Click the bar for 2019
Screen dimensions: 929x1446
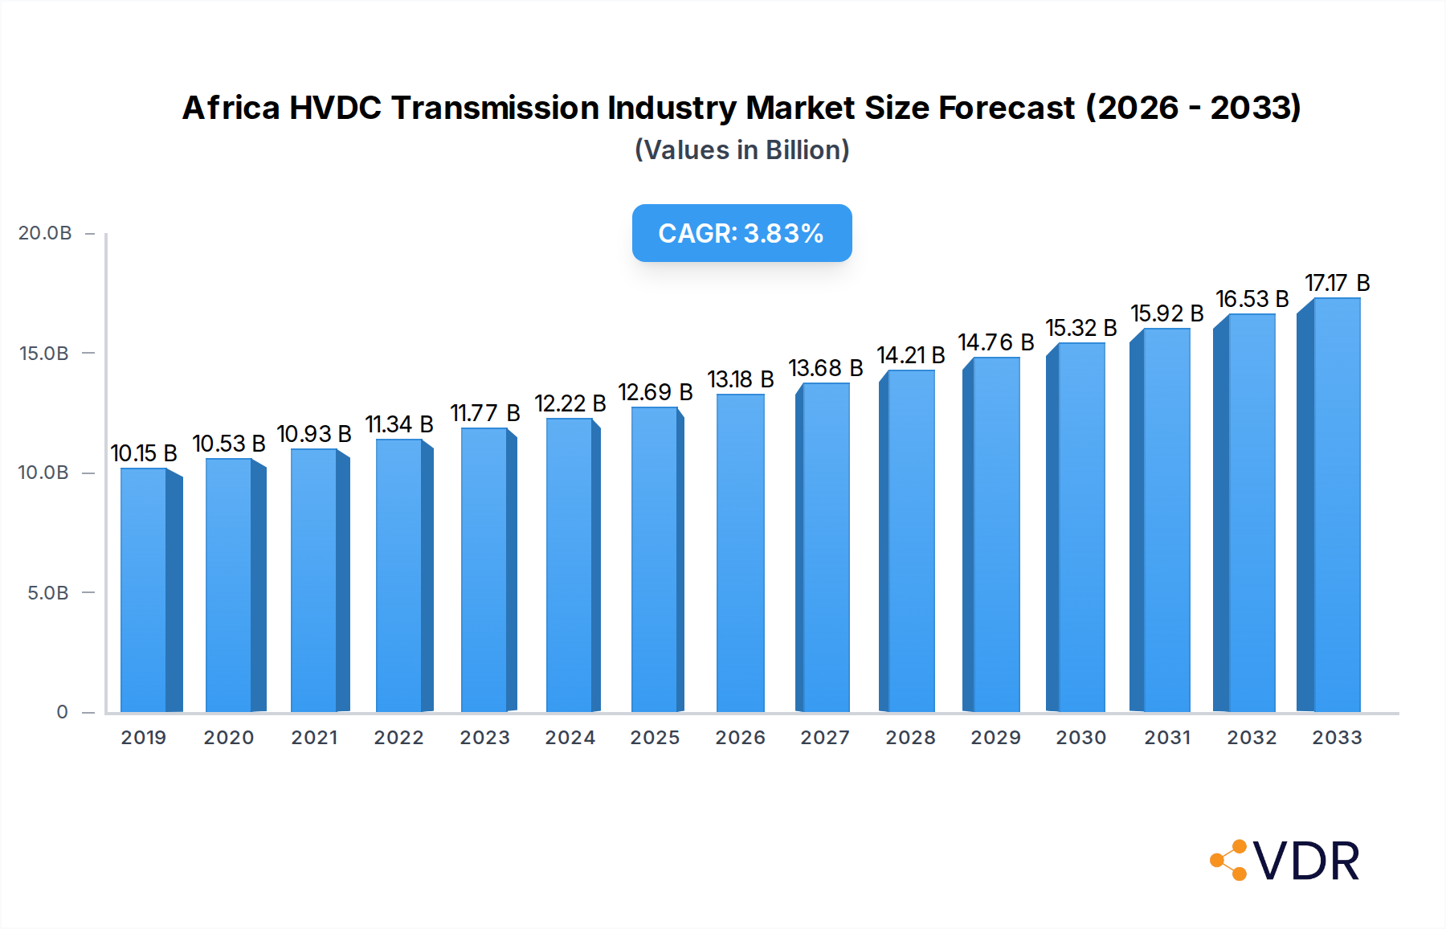145,591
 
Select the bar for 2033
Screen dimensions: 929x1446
1336,506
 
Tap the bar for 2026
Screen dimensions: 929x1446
740,555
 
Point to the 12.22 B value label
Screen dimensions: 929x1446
570,403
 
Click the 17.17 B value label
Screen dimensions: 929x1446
1337,283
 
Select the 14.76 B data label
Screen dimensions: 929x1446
995,342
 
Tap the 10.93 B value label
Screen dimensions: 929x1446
314,434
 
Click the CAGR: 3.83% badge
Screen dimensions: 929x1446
741,233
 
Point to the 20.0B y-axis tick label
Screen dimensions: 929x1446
45,233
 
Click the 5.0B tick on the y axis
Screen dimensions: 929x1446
48,593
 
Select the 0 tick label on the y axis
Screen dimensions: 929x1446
62,712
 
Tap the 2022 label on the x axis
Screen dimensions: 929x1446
398,738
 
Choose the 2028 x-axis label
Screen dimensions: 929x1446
910,738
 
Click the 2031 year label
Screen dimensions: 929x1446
1166,738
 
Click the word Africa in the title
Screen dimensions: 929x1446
231,108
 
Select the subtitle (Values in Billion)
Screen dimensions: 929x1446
741,150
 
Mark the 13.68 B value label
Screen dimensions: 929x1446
825,368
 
